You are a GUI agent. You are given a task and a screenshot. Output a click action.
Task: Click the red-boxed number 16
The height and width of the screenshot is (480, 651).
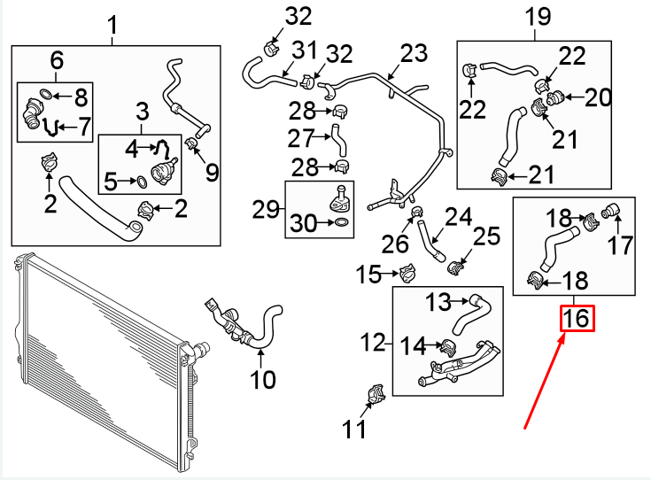[x=577, y=318]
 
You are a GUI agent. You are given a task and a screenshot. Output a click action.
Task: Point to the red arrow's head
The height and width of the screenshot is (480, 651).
[x=565, y=337]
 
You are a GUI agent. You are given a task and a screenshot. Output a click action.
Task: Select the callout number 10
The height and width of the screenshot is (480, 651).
[x=262, y=381]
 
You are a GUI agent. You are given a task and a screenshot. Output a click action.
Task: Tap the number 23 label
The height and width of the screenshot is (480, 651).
[x=413, y=54]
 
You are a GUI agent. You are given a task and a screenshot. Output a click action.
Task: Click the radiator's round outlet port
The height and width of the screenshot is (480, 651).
[x=202, y=348]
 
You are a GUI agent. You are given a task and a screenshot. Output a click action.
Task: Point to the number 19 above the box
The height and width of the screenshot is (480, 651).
[x=538, y=16]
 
